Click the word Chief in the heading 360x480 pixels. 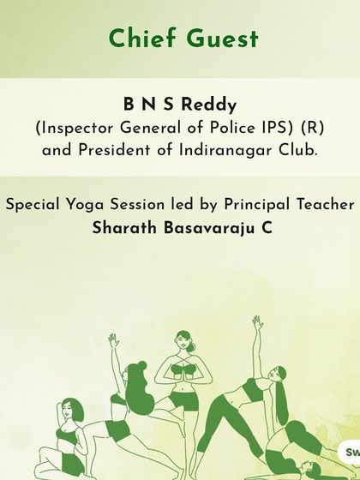(x=137, y=39)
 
